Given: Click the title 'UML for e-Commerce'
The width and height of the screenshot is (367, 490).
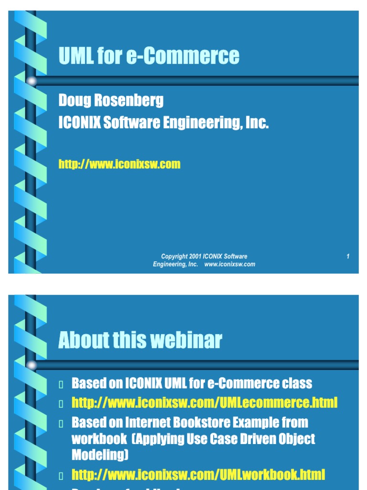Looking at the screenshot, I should tap(149, 56).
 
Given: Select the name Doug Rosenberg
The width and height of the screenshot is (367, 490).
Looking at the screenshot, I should tap(111, 100).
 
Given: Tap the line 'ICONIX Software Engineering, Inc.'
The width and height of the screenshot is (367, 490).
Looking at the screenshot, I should tap(163, 123).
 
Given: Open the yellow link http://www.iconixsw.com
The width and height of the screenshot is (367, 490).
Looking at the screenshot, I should tap(119, 164).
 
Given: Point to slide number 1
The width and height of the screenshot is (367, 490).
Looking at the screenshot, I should tap(348, 257).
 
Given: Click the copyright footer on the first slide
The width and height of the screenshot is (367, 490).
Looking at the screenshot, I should tap(204, 260).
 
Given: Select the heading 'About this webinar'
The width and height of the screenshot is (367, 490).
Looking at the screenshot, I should tap(140, 340).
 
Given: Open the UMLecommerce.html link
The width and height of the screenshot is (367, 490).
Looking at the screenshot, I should tap(205, 402).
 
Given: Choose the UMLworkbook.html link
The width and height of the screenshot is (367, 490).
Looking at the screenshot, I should tap(198, 475).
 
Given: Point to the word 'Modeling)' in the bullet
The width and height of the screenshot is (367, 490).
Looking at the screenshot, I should tap(100, 455).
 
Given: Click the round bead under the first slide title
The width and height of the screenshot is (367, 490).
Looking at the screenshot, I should tap(32, 81).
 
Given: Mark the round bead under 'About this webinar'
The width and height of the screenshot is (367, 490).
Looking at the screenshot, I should tap(32, 366).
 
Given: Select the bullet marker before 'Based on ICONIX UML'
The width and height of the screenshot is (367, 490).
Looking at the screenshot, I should tap(61, 384).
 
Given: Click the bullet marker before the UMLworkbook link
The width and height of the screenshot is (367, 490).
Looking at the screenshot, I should tap(61, 476).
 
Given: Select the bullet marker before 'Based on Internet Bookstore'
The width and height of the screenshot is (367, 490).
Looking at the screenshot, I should tap(61, 423).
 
